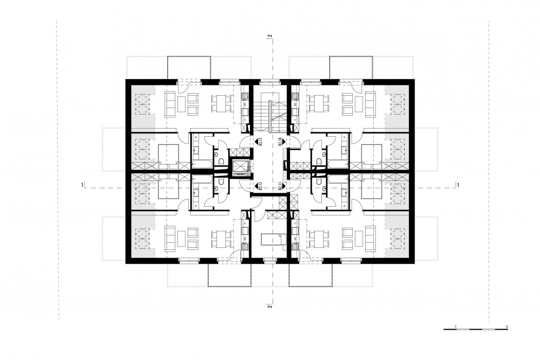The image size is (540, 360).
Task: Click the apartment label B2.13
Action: [x=261, y=142]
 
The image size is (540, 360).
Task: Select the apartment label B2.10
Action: [x=281, y=142]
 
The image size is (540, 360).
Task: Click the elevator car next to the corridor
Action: [x=240, y=167]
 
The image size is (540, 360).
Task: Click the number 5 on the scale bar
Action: [x=507, y=327]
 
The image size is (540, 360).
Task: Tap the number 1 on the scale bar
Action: [x=456, y=327]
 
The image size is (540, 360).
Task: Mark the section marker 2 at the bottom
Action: [x=269, y=307]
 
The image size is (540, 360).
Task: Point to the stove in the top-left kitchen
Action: [x=244, y=105]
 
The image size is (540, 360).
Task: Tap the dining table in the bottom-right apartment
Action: [x=319, y=238]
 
